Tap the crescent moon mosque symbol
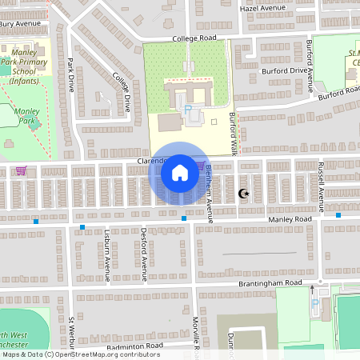(x=243, y=194)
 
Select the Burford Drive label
(x=284, y=70)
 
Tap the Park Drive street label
(x=70, y=74)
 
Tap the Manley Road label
(x=289, y=218)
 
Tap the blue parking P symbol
(x=189, y=109)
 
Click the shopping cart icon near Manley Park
(x=21, y=170)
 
